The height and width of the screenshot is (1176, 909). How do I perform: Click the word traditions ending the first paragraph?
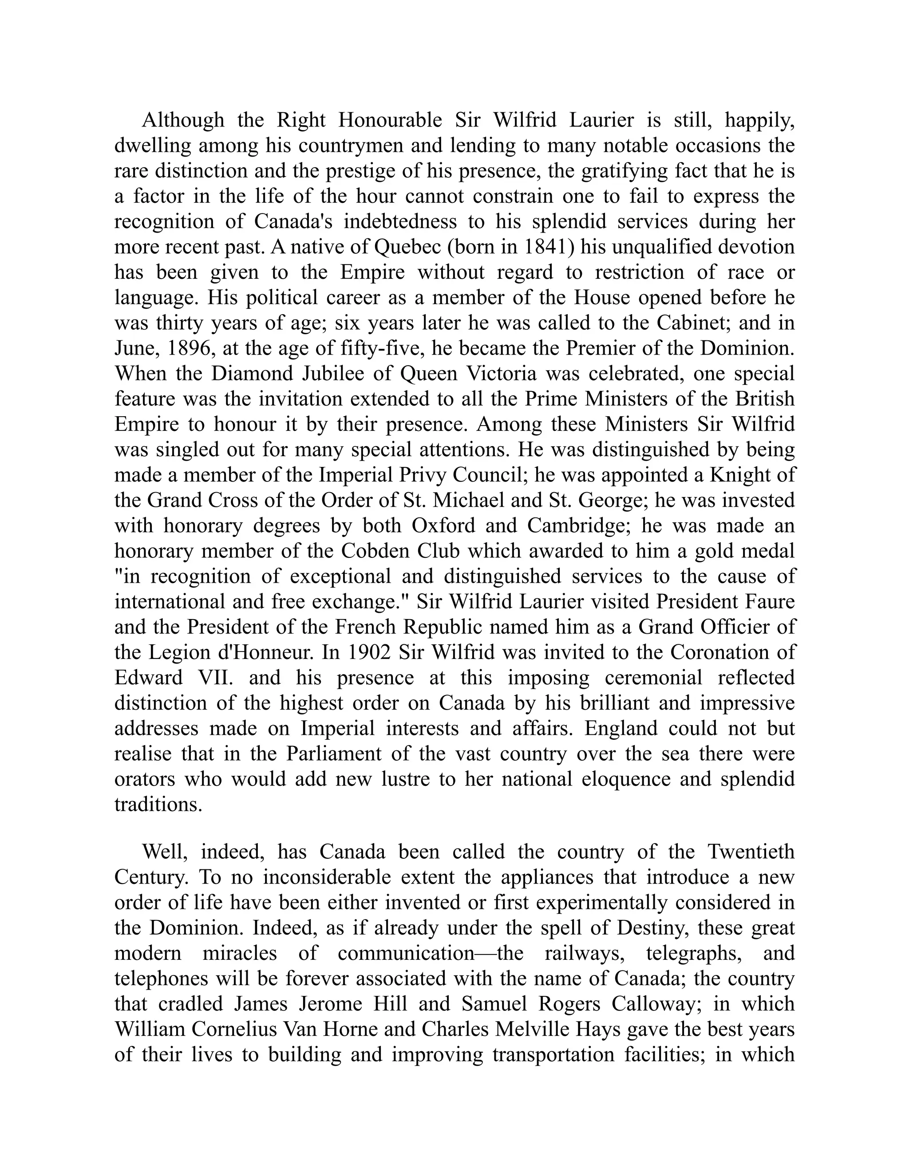(x=158, y=805)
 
